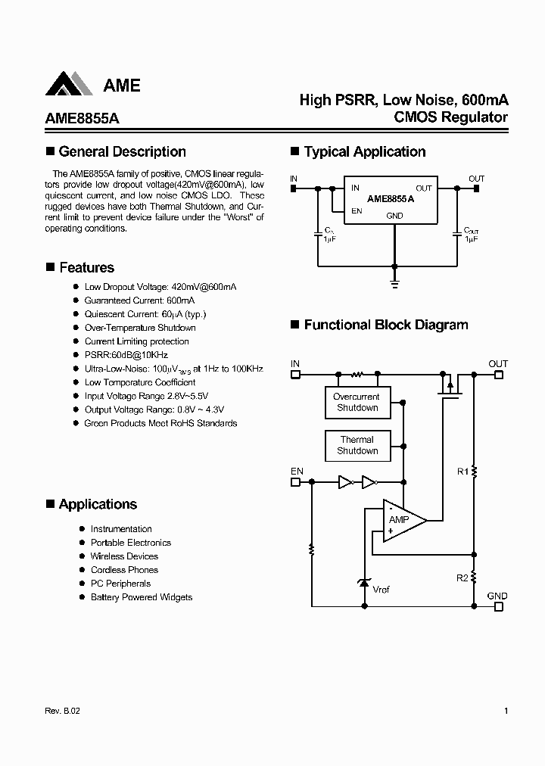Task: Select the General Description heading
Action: pos(122,151)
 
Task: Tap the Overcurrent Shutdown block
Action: pos(357,402)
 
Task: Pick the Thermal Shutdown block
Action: pos(357,445)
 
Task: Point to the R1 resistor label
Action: pos(462,472)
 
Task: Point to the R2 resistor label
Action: pos(462,578)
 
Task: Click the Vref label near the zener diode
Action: pos(381,589)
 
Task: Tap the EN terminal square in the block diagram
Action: pos(296,481)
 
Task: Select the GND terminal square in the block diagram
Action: pos(497,606)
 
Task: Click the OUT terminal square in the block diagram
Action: pos(497,374)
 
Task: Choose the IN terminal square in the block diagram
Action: pos(296,374)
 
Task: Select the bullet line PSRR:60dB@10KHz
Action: pos(126,355)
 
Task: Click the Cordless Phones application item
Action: pos(124,570)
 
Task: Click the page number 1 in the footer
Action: pos(505,711)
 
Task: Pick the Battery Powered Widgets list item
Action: pos(141,597)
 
